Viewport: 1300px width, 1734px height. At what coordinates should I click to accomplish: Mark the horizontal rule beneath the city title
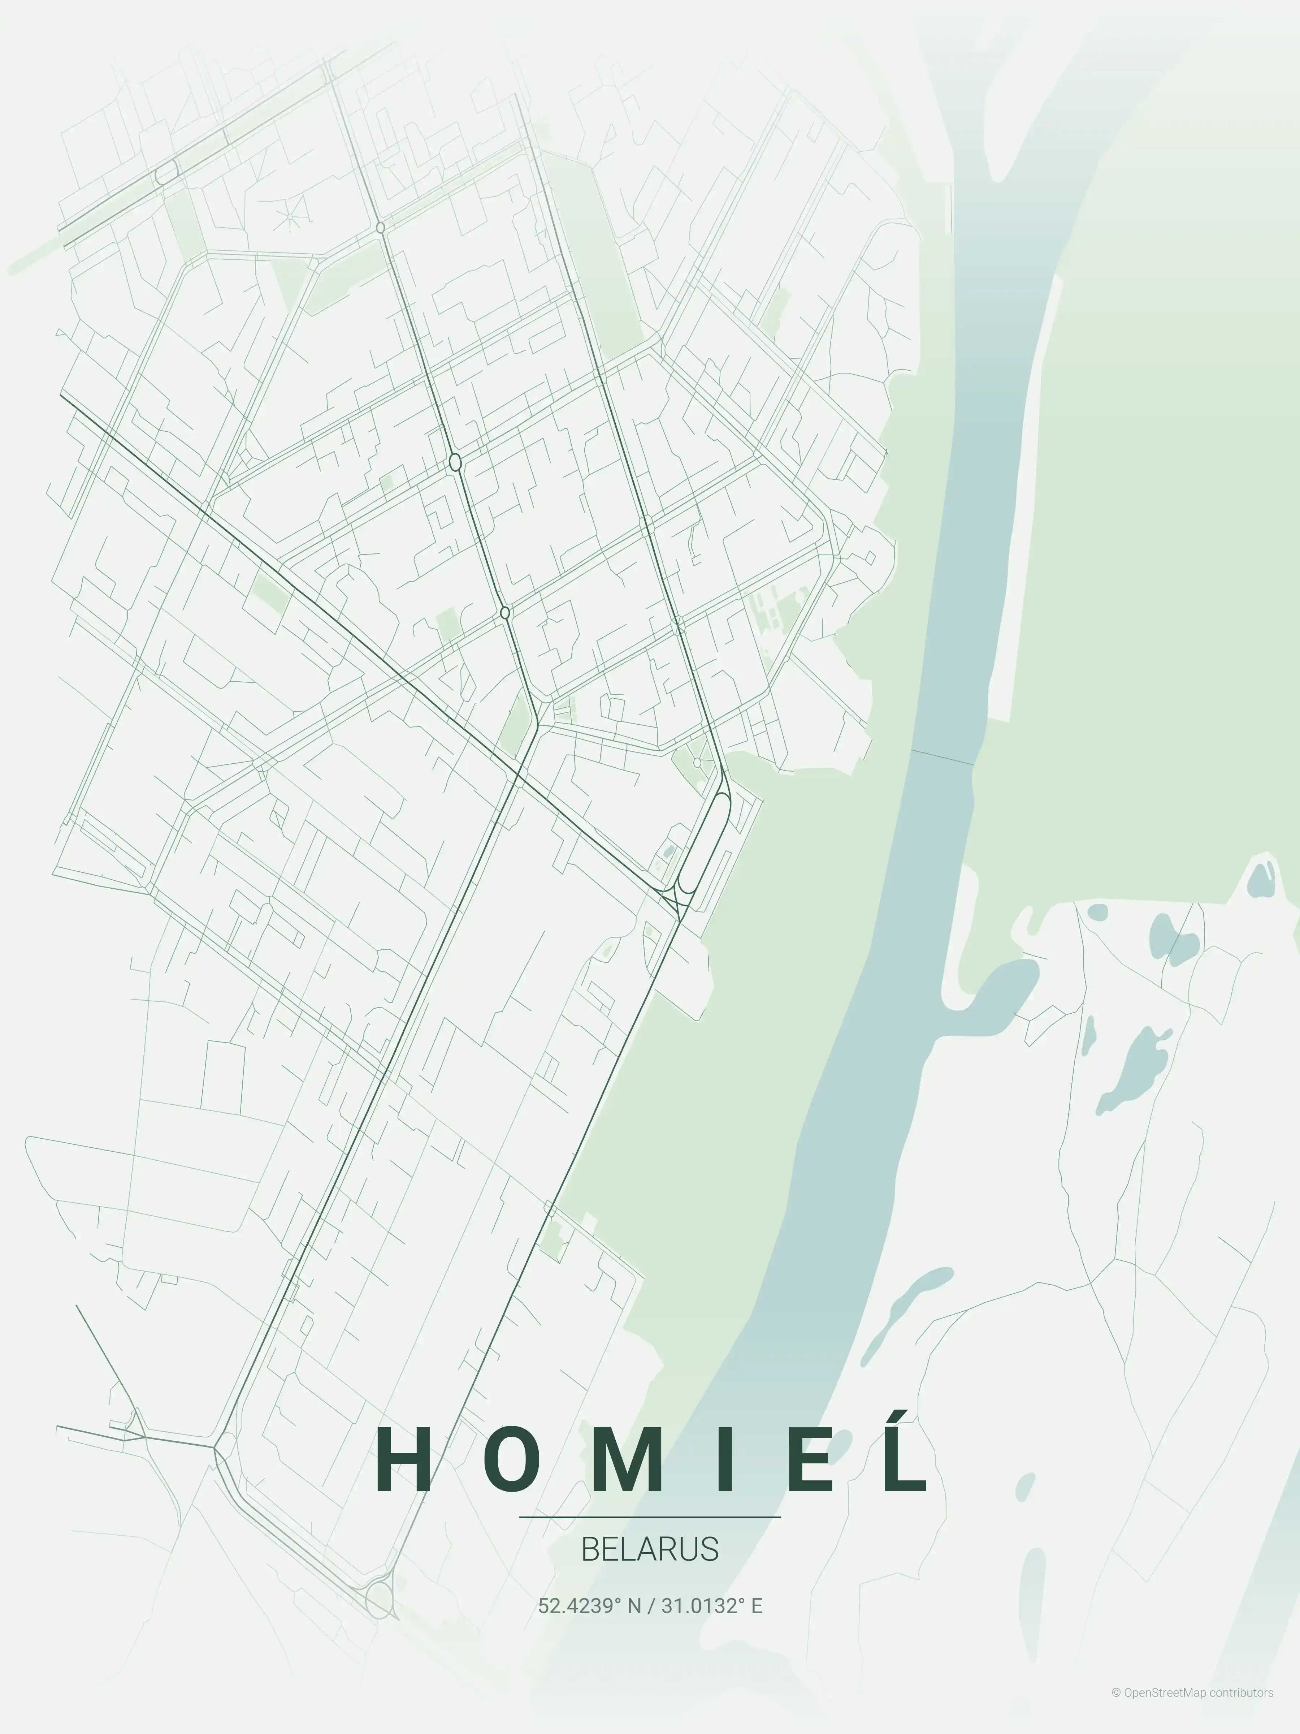tap(650, 1517)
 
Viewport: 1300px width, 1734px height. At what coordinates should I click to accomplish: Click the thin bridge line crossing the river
tap(942, 756)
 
